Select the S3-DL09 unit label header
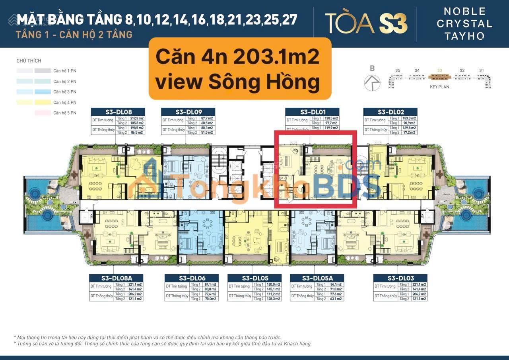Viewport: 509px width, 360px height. [188, 112]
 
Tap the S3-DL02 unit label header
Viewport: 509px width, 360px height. [390, 112]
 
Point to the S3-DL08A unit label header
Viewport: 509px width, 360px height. [116, 278]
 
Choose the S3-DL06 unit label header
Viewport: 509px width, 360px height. [192, 278]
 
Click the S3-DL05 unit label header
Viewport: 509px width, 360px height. [254, 278]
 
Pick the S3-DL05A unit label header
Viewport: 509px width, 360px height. [317, 278]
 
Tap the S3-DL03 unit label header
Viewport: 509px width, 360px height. [400, 278]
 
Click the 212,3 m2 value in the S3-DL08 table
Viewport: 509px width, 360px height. [137, 118]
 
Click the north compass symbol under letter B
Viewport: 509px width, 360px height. [372, 82]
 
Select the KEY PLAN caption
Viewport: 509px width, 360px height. [439, 87]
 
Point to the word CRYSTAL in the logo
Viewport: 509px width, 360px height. [464, 23]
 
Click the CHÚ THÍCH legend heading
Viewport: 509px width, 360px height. [29, 61]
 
